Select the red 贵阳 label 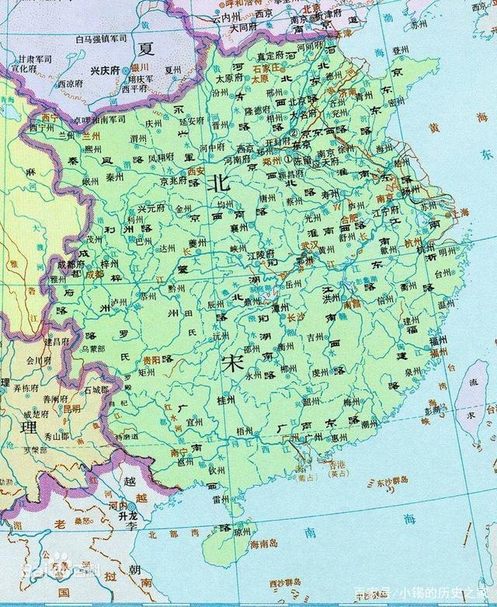(x=152, y=361)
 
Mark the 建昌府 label (x=57, y=342)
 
